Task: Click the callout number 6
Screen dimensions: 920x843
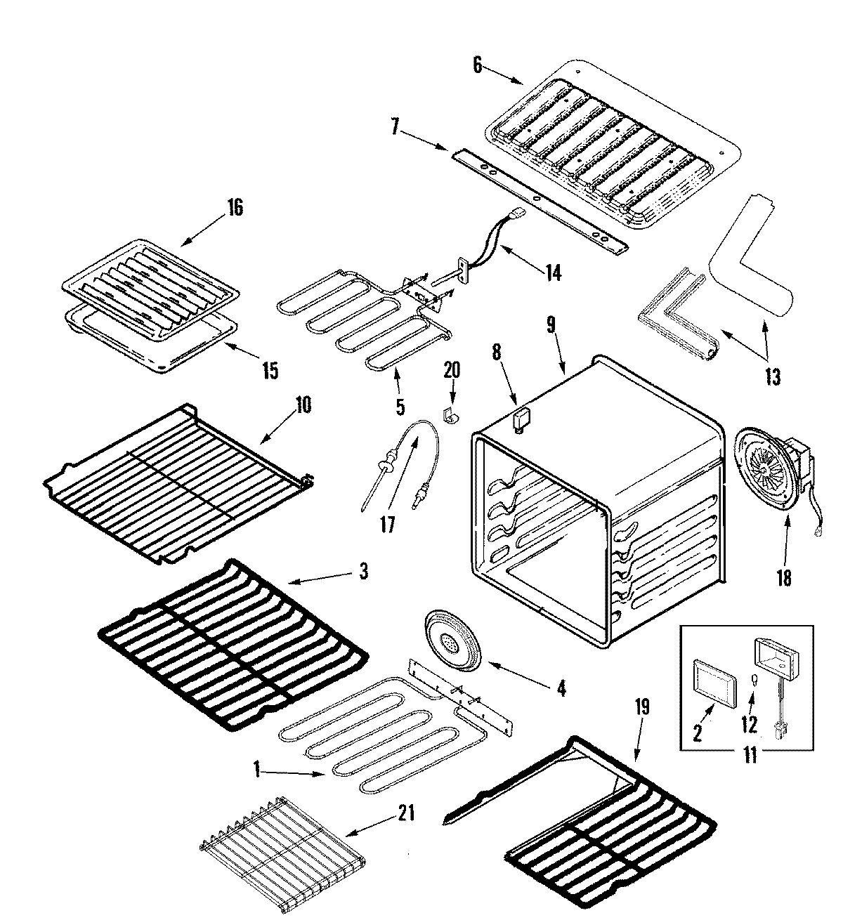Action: tap(478, 65)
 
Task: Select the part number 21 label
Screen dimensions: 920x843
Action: tap(406, 814)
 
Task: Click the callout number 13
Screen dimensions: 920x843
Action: tap(772, 376)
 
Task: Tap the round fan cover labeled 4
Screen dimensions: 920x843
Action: tap(448, 640)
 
